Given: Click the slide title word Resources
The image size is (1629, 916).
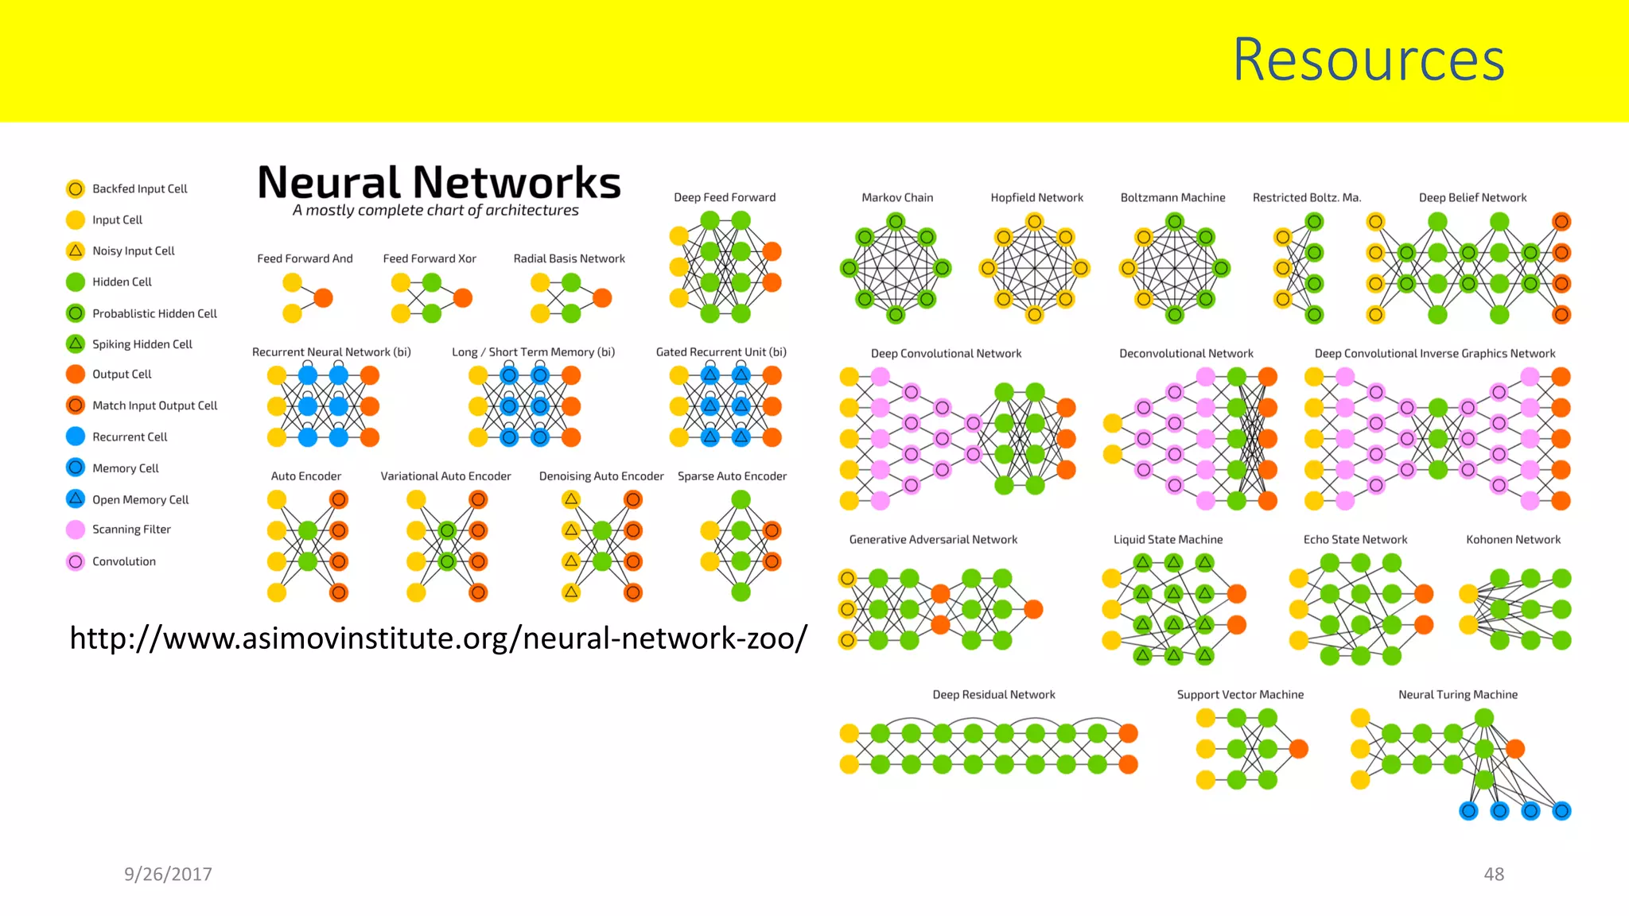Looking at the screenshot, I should pyautogui.click(x=1368, y=60).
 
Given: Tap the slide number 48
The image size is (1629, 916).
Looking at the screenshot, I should pyautogui.click(x=1494, y=874).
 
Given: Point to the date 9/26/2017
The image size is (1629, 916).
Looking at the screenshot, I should pyautogui.click(x=168, y=874).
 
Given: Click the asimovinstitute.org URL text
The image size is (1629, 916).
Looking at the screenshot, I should pyautogui.click(x=438, y=638).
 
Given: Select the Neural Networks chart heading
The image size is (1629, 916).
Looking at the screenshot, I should pyautogui.click(x=439, y=182).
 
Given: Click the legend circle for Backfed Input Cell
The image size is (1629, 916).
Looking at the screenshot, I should pyautogui.click(x=76, y=188).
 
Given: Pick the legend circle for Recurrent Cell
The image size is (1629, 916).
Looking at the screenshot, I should pyautogui.click(x=76, y=437).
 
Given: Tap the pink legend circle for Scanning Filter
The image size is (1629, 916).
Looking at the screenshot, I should pyautogui.click(x=76, y=530).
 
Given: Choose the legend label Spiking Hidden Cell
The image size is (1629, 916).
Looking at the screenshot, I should pyautogui.click(x=142, y=344).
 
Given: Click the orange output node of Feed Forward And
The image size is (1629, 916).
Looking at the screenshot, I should pyautogui.click(x=323, y=298).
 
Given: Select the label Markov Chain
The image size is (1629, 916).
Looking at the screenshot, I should pyautogui.click(x=897, y=197).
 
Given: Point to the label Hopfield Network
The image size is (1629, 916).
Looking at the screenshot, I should pyautogui.click(x=1036, y=197).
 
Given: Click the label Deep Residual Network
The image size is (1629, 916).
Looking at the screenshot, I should pyautogui.click(x=993, y=694).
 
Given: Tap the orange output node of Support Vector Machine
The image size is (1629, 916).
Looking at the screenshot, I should pyautogui.click(x=1298, y=748).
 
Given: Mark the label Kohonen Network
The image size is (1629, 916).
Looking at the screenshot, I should pyautogui.click(x=1513, y=539).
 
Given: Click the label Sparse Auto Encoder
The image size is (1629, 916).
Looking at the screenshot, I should pyautogui.click(x=732, y=476).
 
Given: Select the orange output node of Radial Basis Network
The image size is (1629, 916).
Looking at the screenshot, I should pyautogui.click(x=602, y=298).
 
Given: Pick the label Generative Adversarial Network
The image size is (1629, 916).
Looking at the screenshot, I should pyautogui.click(x=933, y=539).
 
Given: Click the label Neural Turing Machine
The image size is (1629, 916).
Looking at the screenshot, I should pyautogui.click(x=1458, y=694).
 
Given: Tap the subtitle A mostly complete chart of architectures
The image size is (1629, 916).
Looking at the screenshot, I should pyautogui.click(x=435, y=211).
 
